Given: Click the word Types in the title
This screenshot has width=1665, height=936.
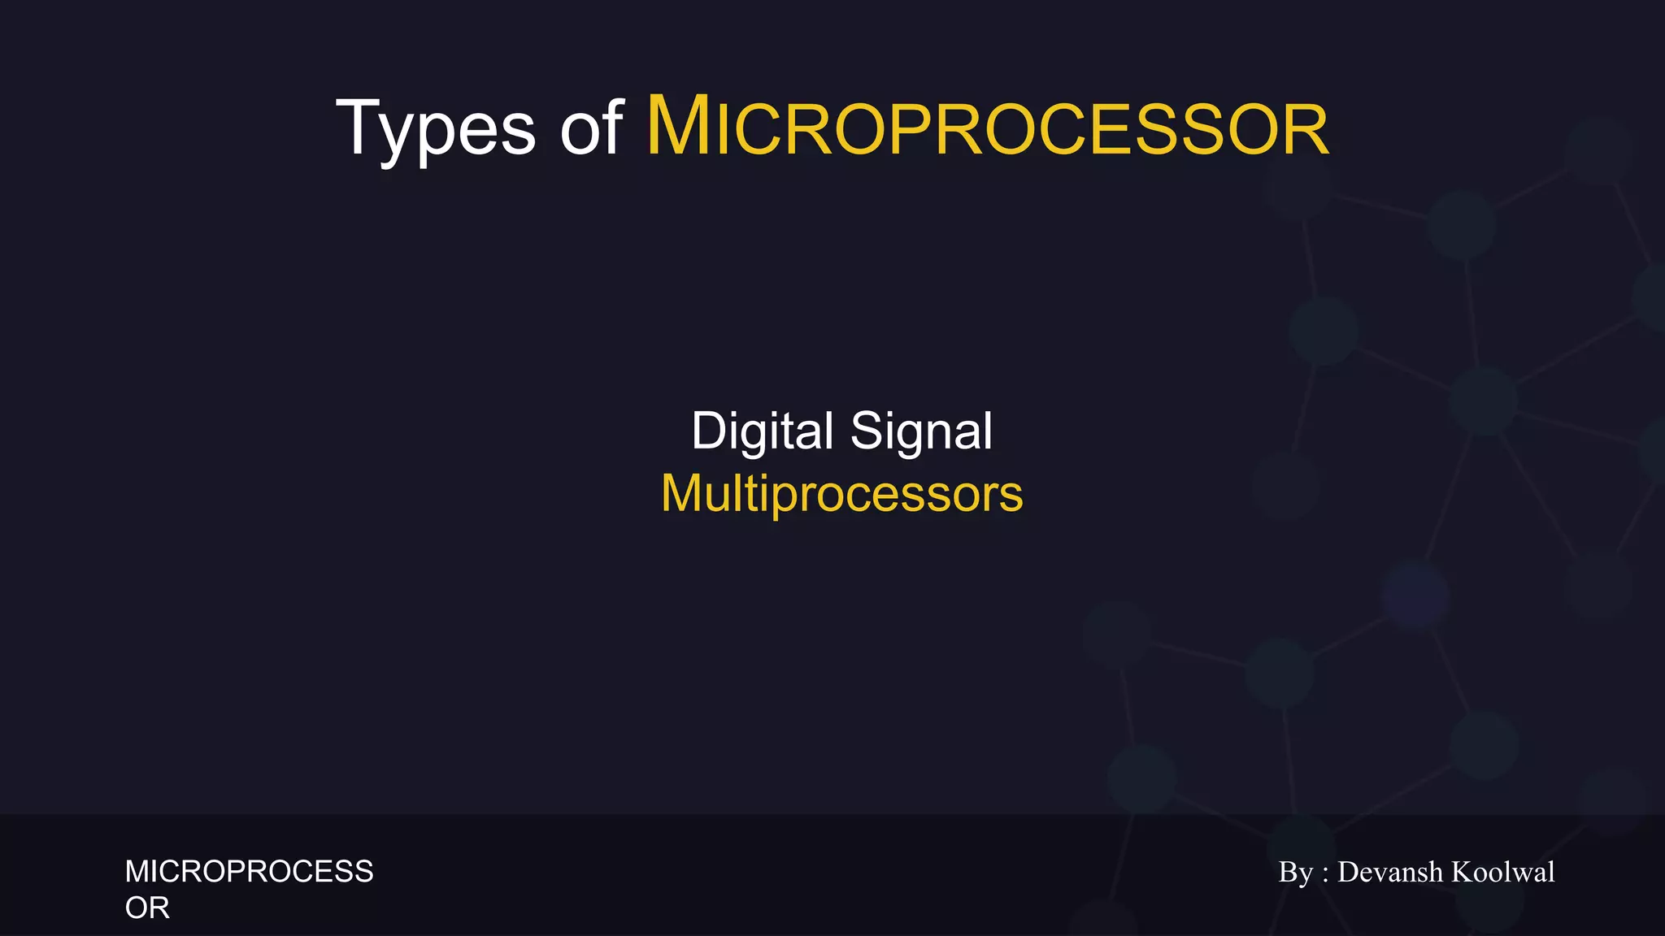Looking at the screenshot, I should click(x=436, y=128).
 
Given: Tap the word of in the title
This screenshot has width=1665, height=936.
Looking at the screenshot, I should click(x=591, y=128).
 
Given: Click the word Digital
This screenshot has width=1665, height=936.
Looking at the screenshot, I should click(x=763, y=431).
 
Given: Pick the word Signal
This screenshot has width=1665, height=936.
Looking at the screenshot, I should click(x=921, y=431).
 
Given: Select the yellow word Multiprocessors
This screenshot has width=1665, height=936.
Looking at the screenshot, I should click(x=841, y=493).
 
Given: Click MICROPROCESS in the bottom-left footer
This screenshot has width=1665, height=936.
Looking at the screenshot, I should click(x=249, y=872).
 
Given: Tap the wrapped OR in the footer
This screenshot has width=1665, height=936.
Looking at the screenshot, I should click(x=147, y=908).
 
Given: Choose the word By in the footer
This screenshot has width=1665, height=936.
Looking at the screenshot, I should click(x=1296, y=873).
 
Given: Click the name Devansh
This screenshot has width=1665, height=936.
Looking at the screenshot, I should click(x=1389, y=872).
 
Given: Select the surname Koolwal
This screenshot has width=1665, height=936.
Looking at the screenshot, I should click(x=1502, y=872).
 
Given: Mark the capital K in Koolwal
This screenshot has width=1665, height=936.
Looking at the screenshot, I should click(x=1462, y=872).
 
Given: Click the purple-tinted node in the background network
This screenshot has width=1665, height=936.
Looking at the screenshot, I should click(x=1415, y=595).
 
